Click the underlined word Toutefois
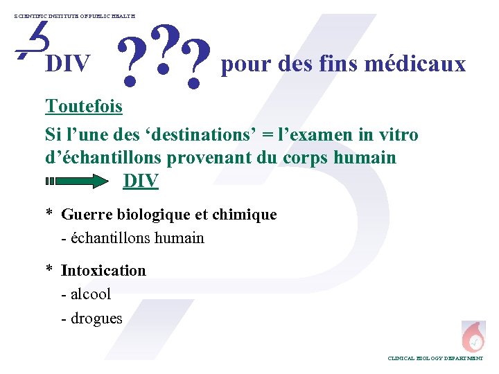(x=84, y=107)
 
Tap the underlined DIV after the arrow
(x=141, y=181)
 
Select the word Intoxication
(x=103, y=270)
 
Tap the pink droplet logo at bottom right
(x=474, y=335)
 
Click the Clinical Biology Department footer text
(x=435, y=359)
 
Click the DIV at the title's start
(x=68, y=65)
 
